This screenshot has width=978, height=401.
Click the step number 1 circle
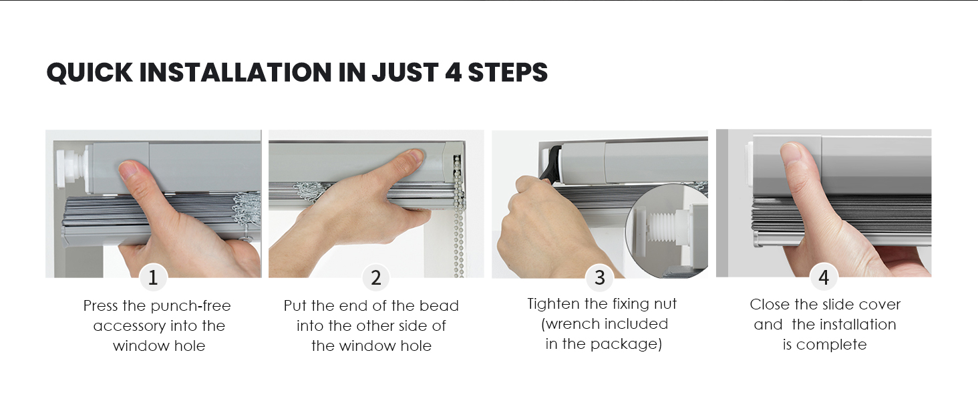click(x=153, y=277)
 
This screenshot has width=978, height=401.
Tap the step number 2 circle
click(x=376, y=277)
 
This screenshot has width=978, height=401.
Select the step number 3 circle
click(x=599, y=277)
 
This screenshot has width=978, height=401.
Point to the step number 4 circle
click(x=824, y=277)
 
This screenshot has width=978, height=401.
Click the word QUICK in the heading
click(x=90, y=72)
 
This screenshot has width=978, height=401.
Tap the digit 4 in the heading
click(x=453, y=72)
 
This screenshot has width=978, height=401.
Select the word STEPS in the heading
click(x=507, y=72)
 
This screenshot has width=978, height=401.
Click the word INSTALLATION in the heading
click(x=235, y=72)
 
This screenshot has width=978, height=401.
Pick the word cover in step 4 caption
click(x=880, y=305)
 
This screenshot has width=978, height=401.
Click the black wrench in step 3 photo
click(x=551, y=162)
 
